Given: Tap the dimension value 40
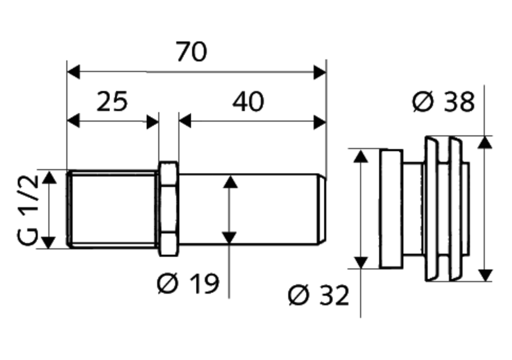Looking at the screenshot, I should pos(248,100).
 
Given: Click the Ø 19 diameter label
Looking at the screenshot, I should pos(188,284).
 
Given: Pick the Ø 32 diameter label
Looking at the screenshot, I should pos(318,296).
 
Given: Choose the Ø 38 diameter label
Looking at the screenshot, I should pos(444,102).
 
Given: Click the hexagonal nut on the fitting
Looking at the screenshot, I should pos(168,209).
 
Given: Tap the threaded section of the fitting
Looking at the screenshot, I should pos(112,210).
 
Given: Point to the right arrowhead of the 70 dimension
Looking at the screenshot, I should pos(320,72).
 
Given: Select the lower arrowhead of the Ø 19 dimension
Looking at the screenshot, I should pos(229,237).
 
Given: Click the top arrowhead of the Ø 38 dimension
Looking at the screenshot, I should pos(485,142).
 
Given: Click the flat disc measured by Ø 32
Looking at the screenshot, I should pos(390,209).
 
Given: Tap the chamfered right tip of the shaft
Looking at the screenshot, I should pos(323,210).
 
